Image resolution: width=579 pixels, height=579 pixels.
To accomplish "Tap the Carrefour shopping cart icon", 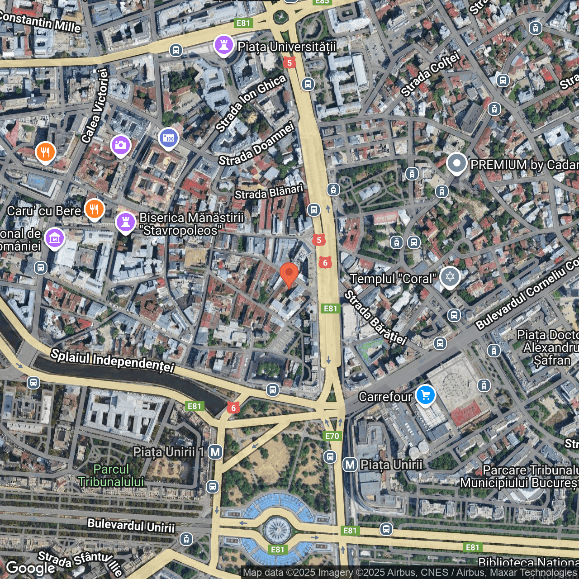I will coord(425,395).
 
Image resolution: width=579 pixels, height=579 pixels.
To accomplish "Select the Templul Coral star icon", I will coord(450,276).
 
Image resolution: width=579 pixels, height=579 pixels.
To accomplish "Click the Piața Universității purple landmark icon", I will coord(223,45).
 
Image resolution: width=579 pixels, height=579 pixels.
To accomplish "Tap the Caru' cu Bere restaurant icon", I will coord(94,209).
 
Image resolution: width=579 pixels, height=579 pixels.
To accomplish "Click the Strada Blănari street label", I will coord(269,192).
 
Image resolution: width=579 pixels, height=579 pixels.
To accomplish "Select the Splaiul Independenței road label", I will coord(113,360).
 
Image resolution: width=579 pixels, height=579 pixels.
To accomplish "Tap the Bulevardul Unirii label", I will coord(131,526).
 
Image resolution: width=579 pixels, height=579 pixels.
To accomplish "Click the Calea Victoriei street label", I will coord(95,106).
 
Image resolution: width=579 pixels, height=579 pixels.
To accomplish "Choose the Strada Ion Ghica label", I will coord(251,103).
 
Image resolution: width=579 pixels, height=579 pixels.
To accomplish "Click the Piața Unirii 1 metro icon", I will coord(215,451).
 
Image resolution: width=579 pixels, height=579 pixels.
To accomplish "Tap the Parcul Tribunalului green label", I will coord(111,475).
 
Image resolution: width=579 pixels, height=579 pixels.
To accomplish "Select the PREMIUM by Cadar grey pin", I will coord(456,163).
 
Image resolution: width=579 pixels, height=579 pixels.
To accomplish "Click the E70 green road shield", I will coord(332,436).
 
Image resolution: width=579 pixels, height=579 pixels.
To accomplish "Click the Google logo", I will coord(30,567).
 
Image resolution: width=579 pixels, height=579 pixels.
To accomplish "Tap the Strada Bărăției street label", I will coord(375,318).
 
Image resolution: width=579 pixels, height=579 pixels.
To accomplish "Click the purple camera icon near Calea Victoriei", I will coord(120,145).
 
